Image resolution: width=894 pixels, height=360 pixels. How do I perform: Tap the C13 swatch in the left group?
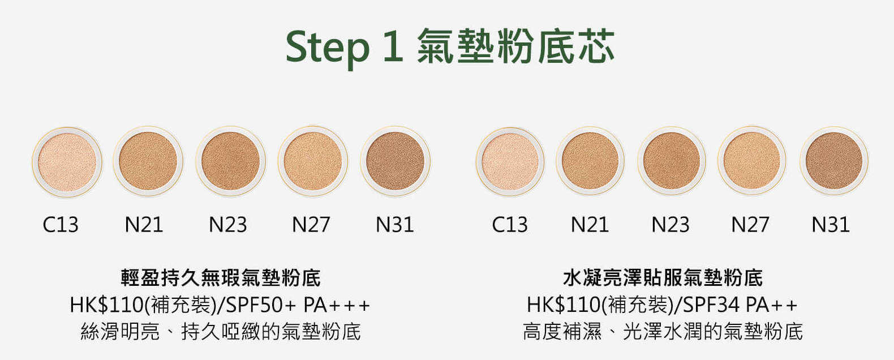coord(67,162)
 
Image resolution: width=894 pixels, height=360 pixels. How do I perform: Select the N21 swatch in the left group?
coord(148,161)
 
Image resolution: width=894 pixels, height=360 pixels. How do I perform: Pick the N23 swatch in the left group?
coord(231,161)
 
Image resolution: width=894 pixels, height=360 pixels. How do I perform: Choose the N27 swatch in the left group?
coord(313,161)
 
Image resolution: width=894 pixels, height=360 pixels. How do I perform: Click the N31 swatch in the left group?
coord(395,161)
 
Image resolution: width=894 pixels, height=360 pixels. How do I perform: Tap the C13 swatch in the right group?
coord(510,162)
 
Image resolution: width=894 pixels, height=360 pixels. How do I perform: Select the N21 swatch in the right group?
coord(590,161)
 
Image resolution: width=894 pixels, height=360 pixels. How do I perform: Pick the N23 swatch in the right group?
coord(672,161)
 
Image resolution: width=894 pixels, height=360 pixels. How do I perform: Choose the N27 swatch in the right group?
coord(752,161)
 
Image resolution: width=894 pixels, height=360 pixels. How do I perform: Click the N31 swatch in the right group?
coord(834,161)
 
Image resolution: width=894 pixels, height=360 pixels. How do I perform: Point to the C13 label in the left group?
coord(61,225)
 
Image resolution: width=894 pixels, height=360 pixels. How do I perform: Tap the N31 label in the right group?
coord(831,225)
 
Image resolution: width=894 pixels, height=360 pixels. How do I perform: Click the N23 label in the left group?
coord(228,225)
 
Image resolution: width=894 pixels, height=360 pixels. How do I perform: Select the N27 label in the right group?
coord(750,225)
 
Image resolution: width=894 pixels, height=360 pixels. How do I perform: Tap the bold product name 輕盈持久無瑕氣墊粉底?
coord(221,278)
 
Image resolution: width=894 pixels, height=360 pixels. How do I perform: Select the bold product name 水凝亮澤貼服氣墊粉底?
coord(663,278)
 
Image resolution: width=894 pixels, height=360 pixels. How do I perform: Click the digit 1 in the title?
coord(393,46)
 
